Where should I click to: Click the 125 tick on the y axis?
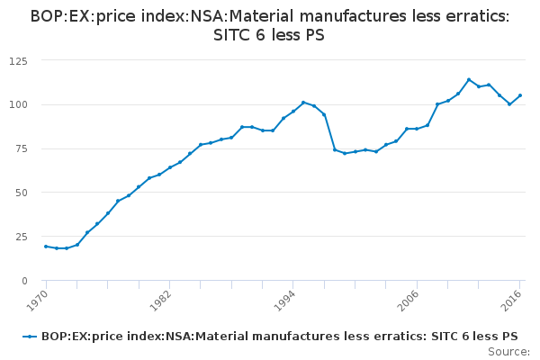tap(18, 60)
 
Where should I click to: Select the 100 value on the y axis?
tap(18, 104)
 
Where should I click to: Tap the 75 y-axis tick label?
tap(21, 148)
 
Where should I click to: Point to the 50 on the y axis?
tap(21, 193)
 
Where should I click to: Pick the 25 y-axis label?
tap(21, 237)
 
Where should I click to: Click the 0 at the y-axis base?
tap(24, 281)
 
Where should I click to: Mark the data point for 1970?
tap(46, 247)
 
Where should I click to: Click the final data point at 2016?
tap(520, 95)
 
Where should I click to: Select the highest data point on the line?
tap(469, 79)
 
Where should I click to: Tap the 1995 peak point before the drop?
tap(303, 103)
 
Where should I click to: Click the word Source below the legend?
tap(508, 352)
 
